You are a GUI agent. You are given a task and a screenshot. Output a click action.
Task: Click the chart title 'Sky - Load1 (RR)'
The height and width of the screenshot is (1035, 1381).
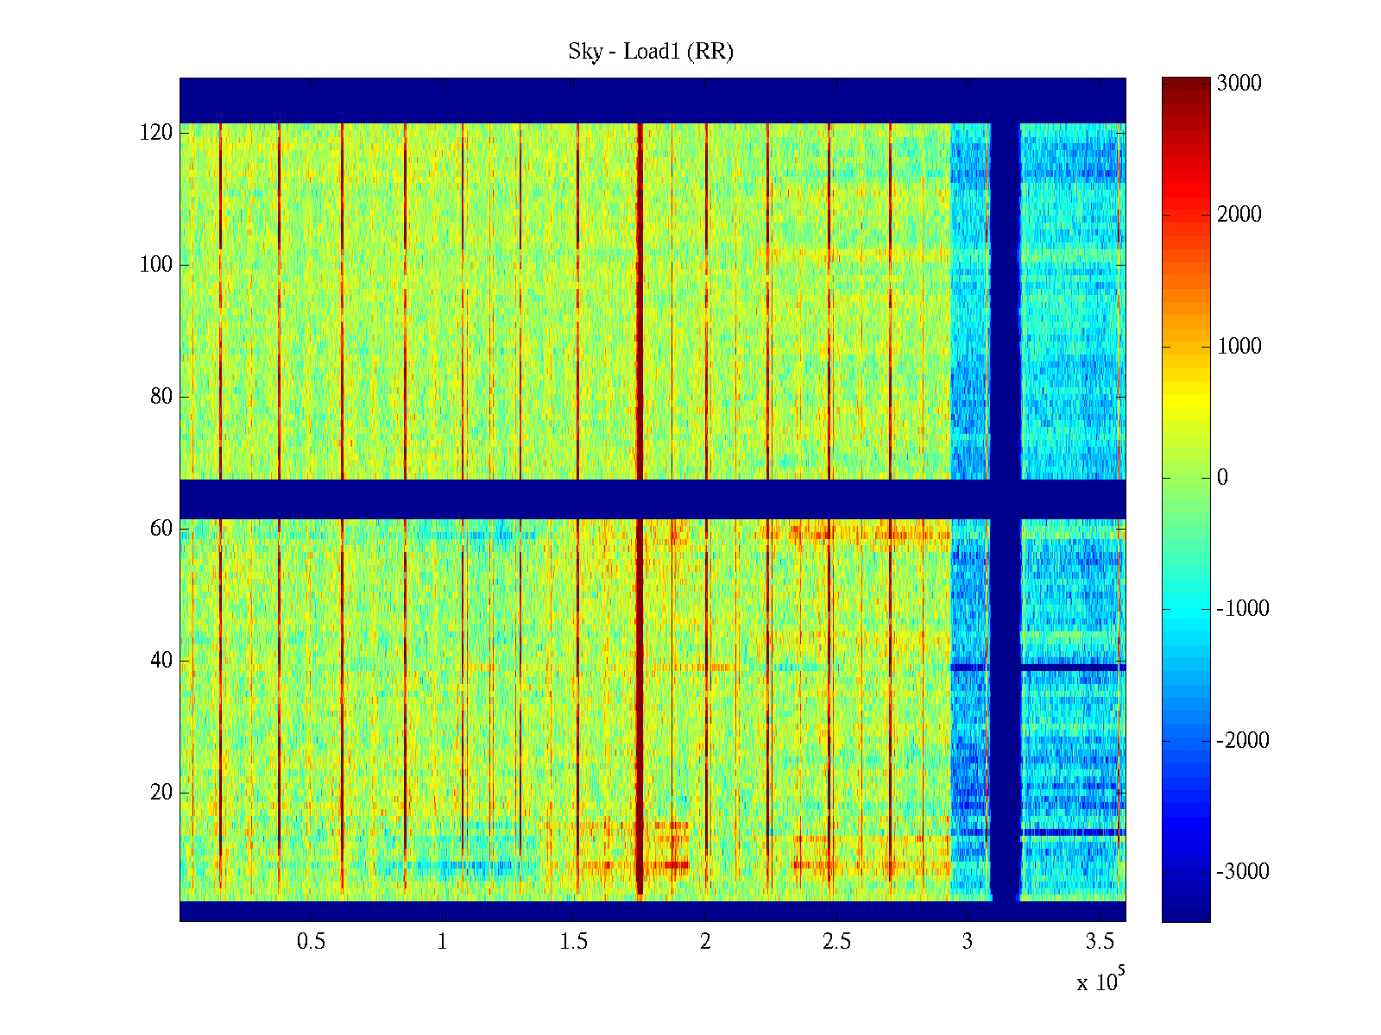pos(651,52)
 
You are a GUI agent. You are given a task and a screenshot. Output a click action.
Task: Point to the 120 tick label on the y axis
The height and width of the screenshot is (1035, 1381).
pos(156,133)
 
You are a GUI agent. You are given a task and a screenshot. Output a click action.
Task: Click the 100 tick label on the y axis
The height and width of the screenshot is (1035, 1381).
pos(156,265)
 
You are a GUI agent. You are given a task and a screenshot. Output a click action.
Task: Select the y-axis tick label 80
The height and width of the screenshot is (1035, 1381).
pos(161,397)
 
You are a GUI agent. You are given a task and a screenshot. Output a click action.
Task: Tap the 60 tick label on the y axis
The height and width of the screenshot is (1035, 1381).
pos(161,528)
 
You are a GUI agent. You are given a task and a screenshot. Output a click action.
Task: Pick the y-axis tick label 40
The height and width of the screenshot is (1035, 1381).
pos(161,660)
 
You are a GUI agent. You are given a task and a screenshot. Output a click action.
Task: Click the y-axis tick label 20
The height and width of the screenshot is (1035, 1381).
pos(161,792)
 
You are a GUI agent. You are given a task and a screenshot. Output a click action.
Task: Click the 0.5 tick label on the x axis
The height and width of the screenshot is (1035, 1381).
pos(311,942)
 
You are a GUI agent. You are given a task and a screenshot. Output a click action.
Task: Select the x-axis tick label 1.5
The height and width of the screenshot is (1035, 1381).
pos(574,942)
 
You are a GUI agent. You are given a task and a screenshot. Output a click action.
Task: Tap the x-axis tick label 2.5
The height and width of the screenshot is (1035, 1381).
pos(836,942)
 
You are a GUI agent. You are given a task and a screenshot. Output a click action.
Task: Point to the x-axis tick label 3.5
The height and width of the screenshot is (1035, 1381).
pos(1100,942)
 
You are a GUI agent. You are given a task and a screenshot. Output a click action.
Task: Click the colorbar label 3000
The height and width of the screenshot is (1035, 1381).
pos(1239,84)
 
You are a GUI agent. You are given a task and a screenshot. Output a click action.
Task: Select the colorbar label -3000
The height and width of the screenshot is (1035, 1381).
pos(1243,871)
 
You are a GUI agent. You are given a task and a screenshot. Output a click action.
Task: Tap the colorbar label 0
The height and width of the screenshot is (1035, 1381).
pos(1222,478)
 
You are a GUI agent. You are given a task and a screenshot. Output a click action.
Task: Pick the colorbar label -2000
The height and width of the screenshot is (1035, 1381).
pos(1243,740)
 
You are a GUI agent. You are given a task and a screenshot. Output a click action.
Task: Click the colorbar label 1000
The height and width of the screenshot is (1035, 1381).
pos(1239,347)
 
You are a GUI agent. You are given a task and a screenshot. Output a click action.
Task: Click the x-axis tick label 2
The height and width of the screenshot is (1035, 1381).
pos(705,942)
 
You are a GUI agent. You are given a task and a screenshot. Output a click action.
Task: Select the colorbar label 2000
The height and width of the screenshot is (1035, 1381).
pos(1239,215)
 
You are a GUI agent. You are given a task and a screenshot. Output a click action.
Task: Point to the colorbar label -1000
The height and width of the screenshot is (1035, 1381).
pos(1243,609)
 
